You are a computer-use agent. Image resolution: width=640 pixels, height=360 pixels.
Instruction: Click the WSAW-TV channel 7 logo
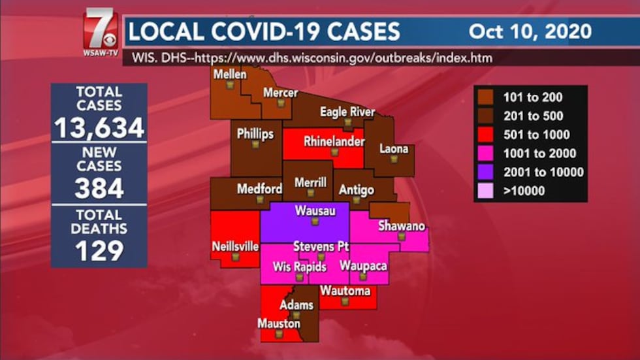pos(101,31)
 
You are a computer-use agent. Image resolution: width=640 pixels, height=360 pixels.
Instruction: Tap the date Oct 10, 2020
pos(530,31)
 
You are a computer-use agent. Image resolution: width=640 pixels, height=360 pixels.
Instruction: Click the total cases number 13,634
pos(99,128)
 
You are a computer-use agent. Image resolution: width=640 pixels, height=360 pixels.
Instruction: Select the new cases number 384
pos(99,188)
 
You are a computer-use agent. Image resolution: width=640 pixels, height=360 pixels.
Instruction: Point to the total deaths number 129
pos(99,250)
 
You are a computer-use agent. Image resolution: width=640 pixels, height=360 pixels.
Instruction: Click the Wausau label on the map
pos(315,211)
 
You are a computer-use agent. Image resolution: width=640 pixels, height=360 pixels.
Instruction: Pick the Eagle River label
pos(347,112)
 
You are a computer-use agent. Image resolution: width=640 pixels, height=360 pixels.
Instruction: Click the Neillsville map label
pos(235,246)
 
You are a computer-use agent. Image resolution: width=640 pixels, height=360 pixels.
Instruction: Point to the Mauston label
pos(278,323)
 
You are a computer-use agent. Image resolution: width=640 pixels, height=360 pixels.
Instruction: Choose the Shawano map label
pos(401,227)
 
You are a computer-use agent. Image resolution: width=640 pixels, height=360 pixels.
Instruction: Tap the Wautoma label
pos(345,291)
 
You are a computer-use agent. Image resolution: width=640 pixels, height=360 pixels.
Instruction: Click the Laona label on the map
pos(394,149)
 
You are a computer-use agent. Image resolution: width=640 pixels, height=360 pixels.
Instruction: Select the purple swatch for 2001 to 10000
pos(486,172)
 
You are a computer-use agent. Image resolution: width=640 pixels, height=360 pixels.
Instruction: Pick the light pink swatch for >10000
pos(486,191)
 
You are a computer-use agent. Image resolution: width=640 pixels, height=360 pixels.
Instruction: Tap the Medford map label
pos(259,189)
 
